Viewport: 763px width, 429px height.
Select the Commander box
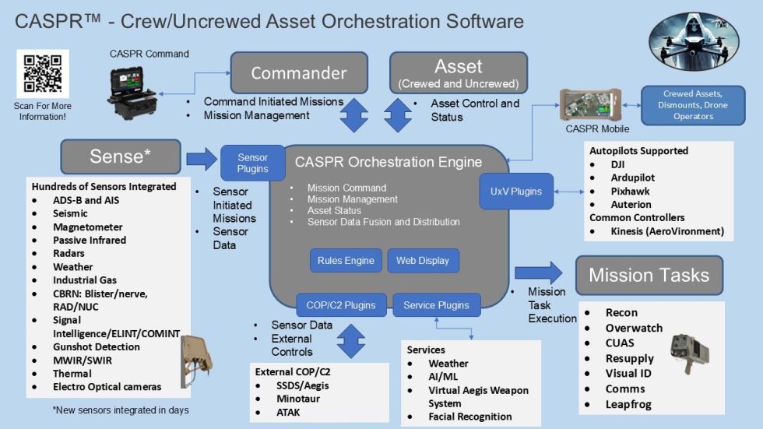298,73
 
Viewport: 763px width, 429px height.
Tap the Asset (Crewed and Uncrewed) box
458,73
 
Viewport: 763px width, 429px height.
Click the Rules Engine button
346,261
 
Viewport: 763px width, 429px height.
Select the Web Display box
422,261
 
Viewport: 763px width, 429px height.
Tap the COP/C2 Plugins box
340,305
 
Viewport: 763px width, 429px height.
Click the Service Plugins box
436,305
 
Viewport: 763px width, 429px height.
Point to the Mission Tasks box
649,275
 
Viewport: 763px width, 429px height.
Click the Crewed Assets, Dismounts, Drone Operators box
693,105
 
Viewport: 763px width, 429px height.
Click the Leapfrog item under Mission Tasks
628,404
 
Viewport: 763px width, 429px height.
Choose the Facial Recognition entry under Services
470,417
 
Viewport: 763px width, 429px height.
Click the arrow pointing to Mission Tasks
538,273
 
